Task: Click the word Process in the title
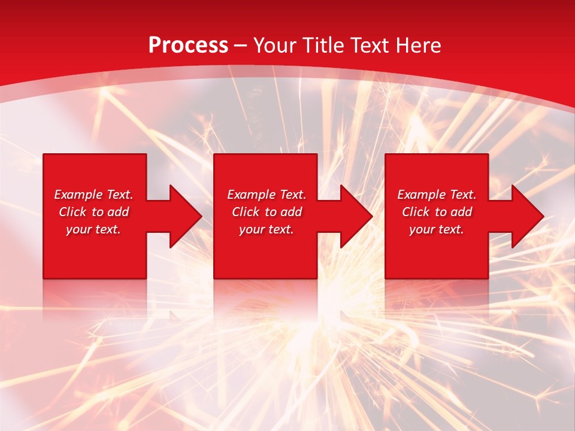pyautogui.click(x=188, y=45)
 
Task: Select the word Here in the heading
pyautogui.click(x=417, y=45)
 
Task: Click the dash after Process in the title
pyautogui.click(x=240, y=46)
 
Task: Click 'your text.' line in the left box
pyautogui.click(x=93, y=229)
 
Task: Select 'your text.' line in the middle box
pyautogui.click(x=267, y=229)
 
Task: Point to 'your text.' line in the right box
pyautogui.click(x=437, y=229)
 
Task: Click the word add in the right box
pyautogui.click(x=461, y=212)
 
